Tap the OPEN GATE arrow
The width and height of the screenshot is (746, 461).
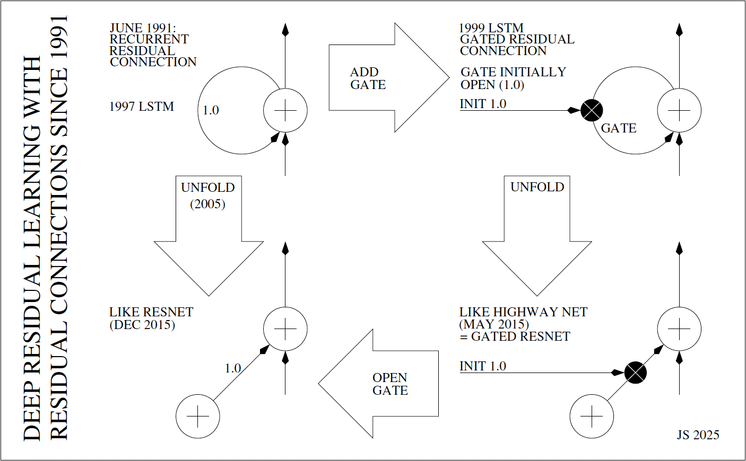pos(382,384)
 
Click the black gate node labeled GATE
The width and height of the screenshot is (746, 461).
pos(592,111)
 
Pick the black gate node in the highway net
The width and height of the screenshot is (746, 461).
pos(635,373)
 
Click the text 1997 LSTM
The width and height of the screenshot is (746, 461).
pos(142,107)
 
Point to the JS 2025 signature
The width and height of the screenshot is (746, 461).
pos(698,435)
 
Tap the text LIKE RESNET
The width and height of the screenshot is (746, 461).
pos(151,312)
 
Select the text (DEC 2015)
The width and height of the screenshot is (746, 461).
pos(142,324)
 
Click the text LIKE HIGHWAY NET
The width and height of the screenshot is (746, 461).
pos(523,312)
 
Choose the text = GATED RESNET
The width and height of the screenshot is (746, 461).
pos(515,336)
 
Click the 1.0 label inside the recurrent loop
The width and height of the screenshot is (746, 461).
pos(211,110)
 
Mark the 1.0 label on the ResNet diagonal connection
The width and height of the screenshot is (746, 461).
pos(233,368)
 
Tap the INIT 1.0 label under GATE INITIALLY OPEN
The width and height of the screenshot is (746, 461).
pos(483,104)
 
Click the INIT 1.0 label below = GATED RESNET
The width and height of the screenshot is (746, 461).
pos(483,366)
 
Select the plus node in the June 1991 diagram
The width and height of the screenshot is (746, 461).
pos(285,111)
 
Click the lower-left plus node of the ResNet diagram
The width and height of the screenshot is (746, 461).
pos(198,416)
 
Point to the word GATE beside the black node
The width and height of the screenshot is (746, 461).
pos(619,128)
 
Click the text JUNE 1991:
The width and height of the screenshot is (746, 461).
pos(143,28)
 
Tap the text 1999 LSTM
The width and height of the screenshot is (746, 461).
pos(491,28)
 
